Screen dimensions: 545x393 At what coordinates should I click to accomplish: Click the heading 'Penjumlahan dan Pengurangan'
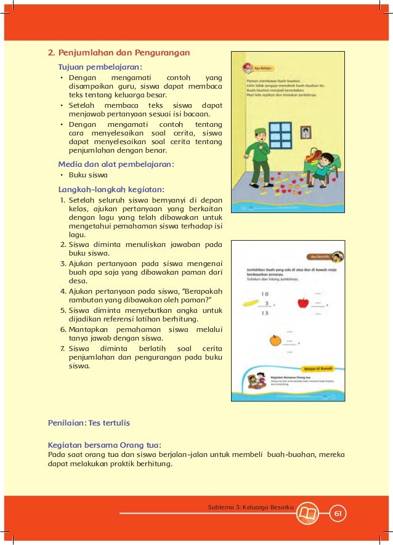(119, 52)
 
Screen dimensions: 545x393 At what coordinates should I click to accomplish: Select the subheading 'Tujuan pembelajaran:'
(100, 66)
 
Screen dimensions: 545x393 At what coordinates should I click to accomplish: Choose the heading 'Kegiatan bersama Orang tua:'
(105, 444)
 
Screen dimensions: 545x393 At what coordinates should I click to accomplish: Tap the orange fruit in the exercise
(274, 340)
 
